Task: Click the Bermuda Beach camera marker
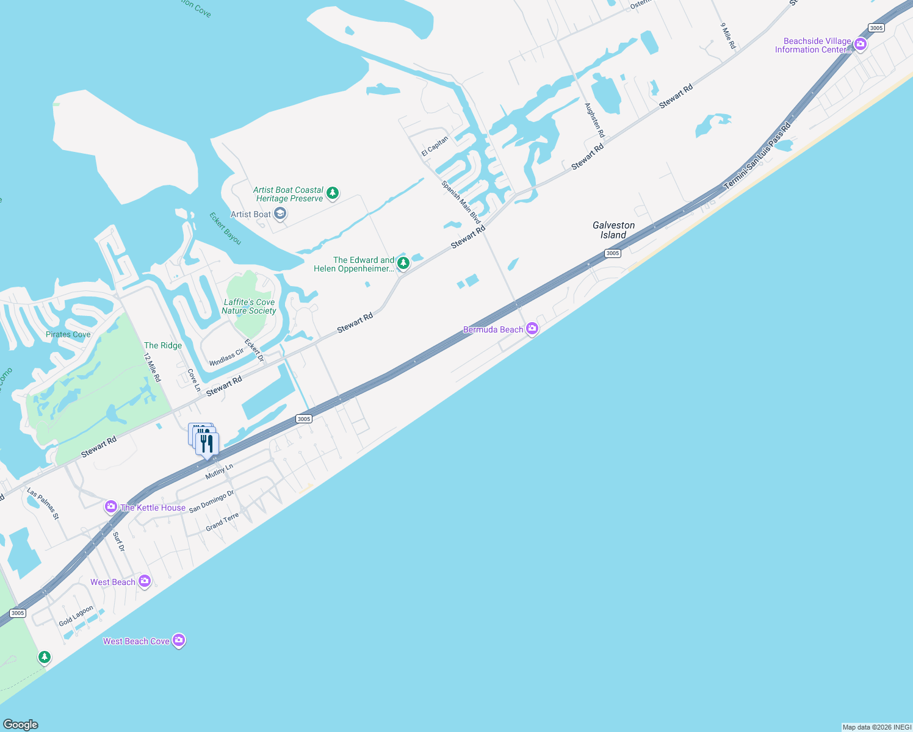(532, 329)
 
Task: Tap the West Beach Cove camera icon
(179, 640)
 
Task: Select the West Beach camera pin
(145, 581)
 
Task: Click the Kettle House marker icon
(111, 507)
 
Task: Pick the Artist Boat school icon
(280, 213)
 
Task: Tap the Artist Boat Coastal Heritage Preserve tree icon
(333, 193)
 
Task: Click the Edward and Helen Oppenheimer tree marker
(403, 264)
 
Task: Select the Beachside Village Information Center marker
(861, 45)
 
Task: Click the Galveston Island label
(613, 230)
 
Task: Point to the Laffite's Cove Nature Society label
(249, 306)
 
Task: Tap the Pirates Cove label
(68, 334)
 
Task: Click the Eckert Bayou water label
(225, 228)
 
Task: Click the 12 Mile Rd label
(153, 367)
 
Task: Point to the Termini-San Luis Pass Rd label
(757, 156)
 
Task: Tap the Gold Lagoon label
(76, 616)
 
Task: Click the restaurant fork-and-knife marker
(208, 443)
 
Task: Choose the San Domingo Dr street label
(211, 501)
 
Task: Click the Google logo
(21, 724)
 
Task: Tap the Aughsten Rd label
(594, 120)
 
